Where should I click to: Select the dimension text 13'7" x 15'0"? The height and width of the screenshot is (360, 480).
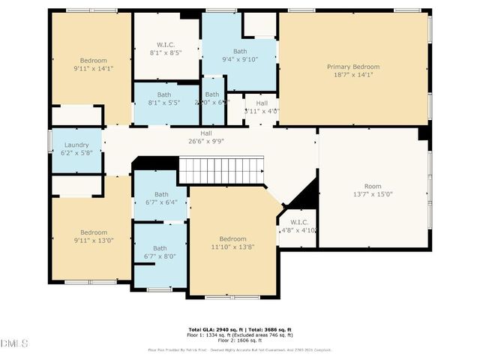[x=373, y=194]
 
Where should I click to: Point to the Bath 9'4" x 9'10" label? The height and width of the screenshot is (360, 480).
[x=239, y=55]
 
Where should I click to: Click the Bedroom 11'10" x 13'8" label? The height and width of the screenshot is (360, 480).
[x=228, y=243]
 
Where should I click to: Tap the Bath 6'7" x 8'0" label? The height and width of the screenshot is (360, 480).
[x=160, y=253]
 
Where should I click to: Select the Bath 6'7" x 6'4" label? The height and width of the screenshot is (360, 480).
[x=160, y=198]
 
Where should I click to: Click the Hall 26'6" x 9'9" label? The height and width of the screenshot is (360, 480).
[x=205, y=136]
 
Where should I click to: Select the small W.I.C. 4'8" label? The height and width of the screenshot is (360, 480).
[x=298, y=226]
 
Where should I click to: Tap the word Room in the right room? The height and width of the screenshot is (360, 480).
[x=373, y=186]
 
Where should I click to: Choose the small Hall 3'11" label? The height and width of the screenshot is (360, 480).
[x=262, y=107]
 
